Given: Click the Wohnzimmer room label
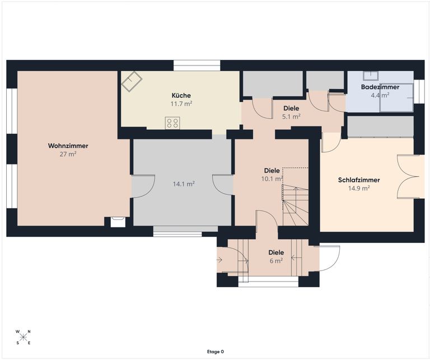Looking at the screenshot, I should point(68,146).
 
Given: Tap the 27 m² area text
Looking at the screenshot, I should point(68,154).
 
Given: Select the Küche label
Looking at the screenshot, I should point(181,95).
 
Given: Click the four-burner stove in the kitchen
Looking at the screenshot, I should point(172,123).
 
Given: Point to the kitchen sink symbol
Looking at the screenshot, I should point(132,82).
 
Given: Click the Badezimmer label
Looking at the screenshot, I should point(380,87).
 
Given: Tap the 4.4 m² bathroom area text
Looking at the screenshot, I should point(380,95).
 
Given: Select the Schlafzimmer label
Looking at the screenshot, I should point(359,180).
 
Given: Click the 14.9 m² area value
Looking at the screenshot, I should point(359,188).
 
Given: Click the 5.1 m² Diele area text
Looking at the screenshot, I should point(291,116).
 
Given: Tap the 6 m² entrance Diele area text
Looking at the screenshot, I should point(275,260).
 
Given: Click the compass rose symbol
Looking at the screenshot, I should point(23,338).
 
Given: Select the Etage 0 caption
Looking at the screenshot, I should point(215,352).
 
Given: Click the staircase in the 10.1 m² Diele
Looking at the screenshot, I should point(295,205).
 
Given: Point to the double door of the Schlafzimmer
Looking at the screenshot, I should point(408,176).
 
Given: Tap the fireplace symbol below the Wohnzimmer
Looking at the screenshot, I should point(118,222).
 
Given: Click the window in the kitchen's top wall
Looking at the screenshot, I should point(197,66).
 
